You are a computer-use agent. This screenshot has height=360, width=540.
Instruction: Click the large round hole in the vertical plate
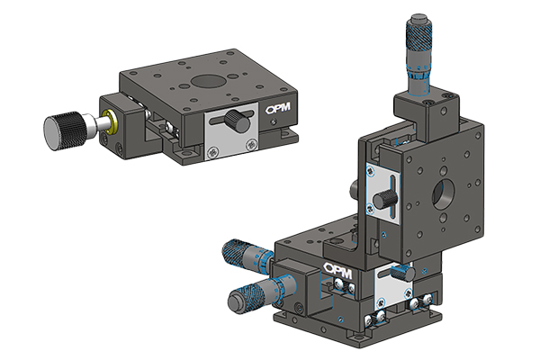tap(444, 192)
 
